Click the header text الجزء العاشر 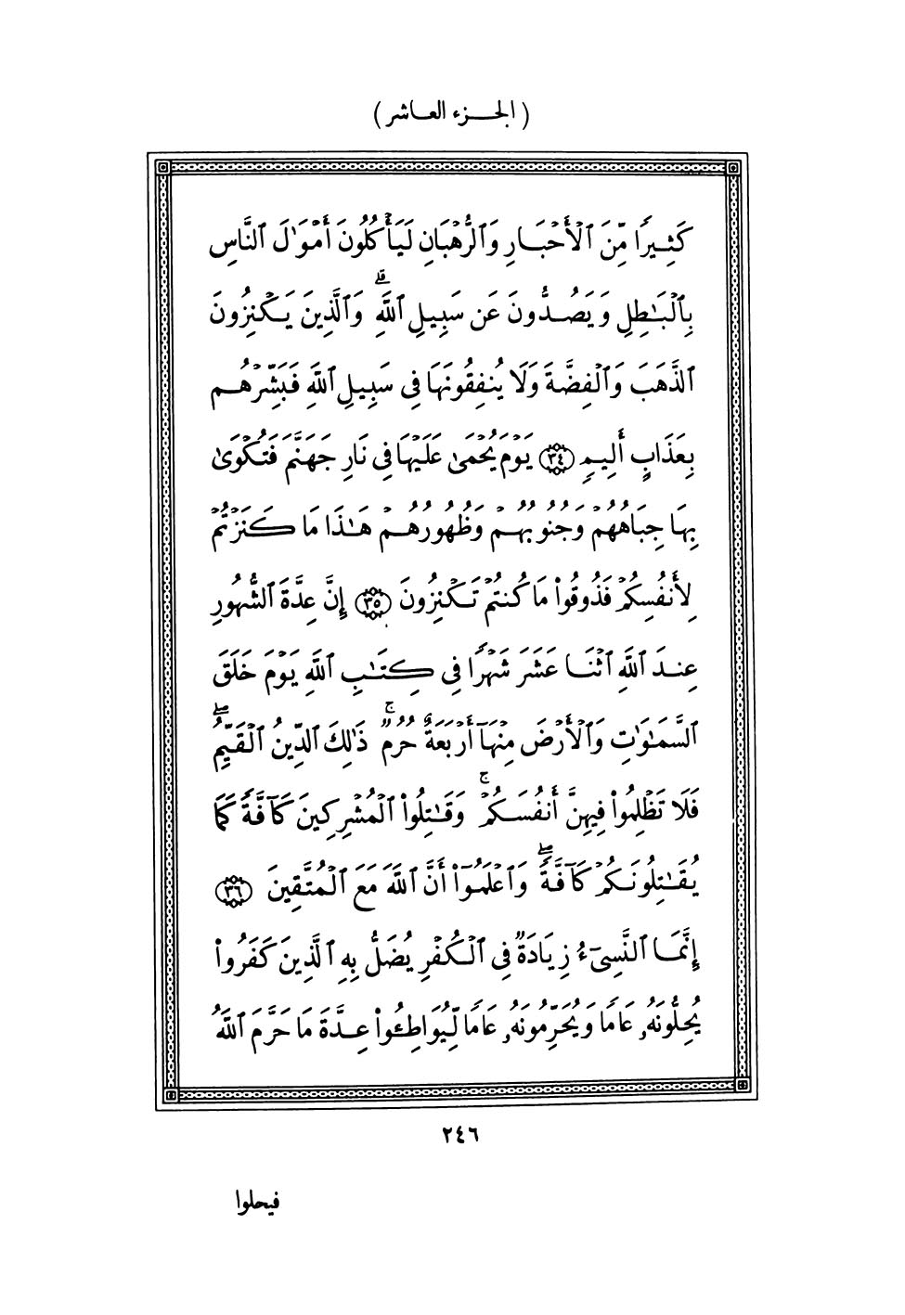[452, 117]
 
